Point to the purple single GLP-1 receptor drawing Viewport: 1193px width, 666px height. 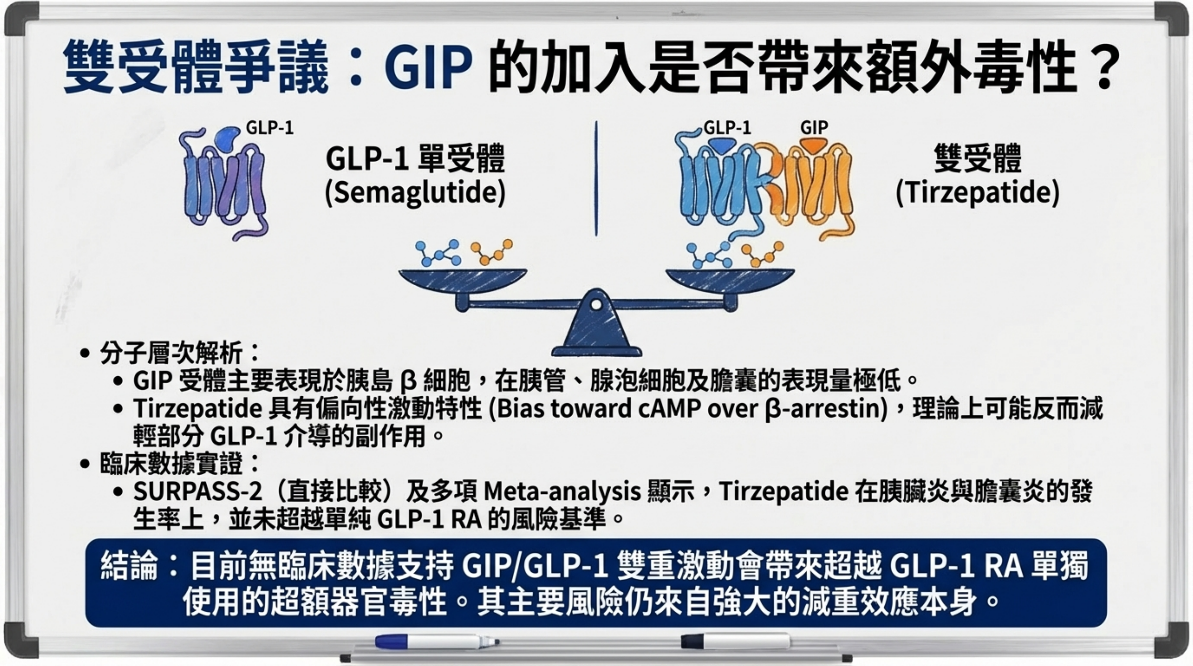(225, 183)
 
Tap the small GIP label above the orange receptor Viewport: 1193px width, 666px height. (814, 127)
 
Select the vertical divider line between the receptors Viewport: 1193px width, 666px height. (596, 178)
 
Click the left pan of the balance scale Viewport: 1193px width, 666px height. (463, 280)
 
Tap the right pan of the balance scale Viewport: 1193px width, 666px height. (730, 280)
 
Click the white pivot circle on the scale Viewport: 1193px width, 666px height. (597, 305)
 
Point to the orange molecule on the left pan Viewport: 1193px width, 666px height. (492, 252)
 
